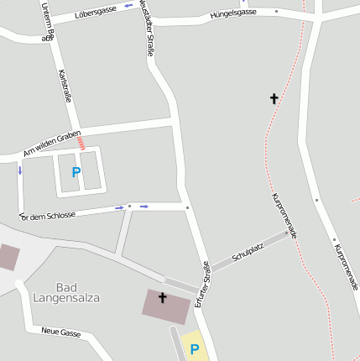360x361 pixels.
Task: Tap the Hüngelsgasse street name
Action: pyautogui.click(x=233, y=13)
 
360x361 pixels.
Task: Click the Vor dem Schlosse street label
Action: pyautogui.click(x=48, y=215)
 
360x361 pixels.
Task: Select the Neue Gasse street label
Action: pyautogui.click(x=61, y=333)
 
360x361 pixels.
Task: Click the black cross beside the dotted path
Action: pyautogui.click(x=274, y=99)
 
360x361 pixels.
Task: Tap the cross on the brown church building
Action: pyautogui.click(x=163, y=298)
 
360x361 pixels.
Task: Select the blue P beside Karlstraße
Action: pyautogui.click(x=76, y=172)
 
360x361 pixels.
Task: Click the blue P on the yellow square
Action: pyautogui.click(x=195, y=349)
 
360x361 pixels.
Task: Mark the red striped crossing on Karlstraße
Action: pyautogui.click(x=81, y=144)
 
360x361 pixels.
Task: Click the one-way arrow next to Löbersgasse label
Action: pyautogui.click(x=128, y=7)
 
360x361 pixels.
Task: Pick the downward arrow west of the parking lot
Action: pyautogui.click(x=19, y=170)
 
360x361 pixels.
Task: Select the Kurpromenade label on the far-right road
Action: pyautogui.click(x=346, y=267)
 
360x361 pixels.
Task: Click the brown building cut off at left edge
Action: pyautogui.click(x=8, y=257)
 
